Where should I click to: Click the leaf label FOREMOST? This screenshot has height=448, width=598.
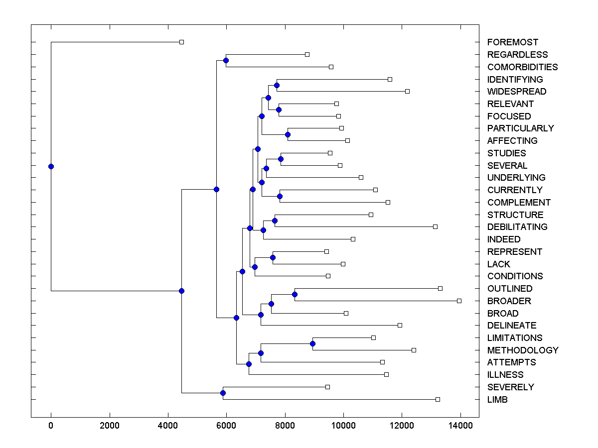pyautogui.click(x=512, y=42)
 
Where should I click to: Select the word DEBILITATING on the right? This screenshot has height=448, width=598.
pyautogui.click(x=517, y=227)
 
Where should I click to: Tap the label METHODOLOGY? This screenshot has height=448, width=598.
pyautogui.click(x=522, y=350)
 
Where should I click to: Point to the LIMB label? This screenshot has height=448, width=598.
pyautogui.click(x=497, y=399)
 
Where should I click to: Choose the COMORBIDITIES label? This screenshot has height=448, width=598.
pyautogui.click(x=522, y=67)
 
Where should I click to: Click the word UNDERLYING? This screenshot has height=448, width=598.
pyautogui.click(x=516, y=178)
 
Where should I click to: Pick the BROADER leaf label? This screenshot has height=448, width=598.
pyautogui.click(x=509, y=301)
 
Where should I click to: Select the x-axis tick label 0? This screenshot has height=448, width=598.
pyautogui.click(x=51, y=425)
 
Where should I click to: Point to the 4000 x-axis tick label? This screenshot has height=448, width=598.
pyautogui.click(x=168, y=425)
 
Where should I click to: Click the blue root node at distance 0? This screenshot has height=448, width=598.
pyautogui.click(x=51, y=166)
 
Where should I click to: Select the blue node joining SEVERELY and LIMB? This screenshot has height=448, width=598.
pyautogui.click(x=223, y=393)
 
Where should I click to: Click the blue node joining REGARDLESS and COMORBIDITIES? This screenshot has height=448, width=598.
pyautogui.click(x=226, y=61)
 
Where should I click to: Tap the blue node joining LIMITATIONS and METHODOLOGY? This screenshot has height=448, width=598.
pyautogui.click(x=312, y=344)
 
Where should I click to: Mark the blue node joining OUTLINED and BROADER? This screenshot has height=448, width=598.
pyautogui.click(x=295, y=295)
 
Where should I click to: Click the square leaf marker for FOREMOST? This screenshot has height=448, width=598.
pyautogui.click(x=181, y=42)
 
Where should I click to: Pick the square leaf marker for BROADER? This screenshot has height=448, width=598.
pyautogui.click(x=459, y=301)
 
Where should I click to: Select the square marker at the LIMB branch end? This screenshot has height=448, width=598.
pyautogui.click(x=438, y=399)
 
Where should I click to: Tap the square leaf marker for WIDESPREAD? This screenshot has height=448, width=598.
pyautogui.click(x=407, y=92)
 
